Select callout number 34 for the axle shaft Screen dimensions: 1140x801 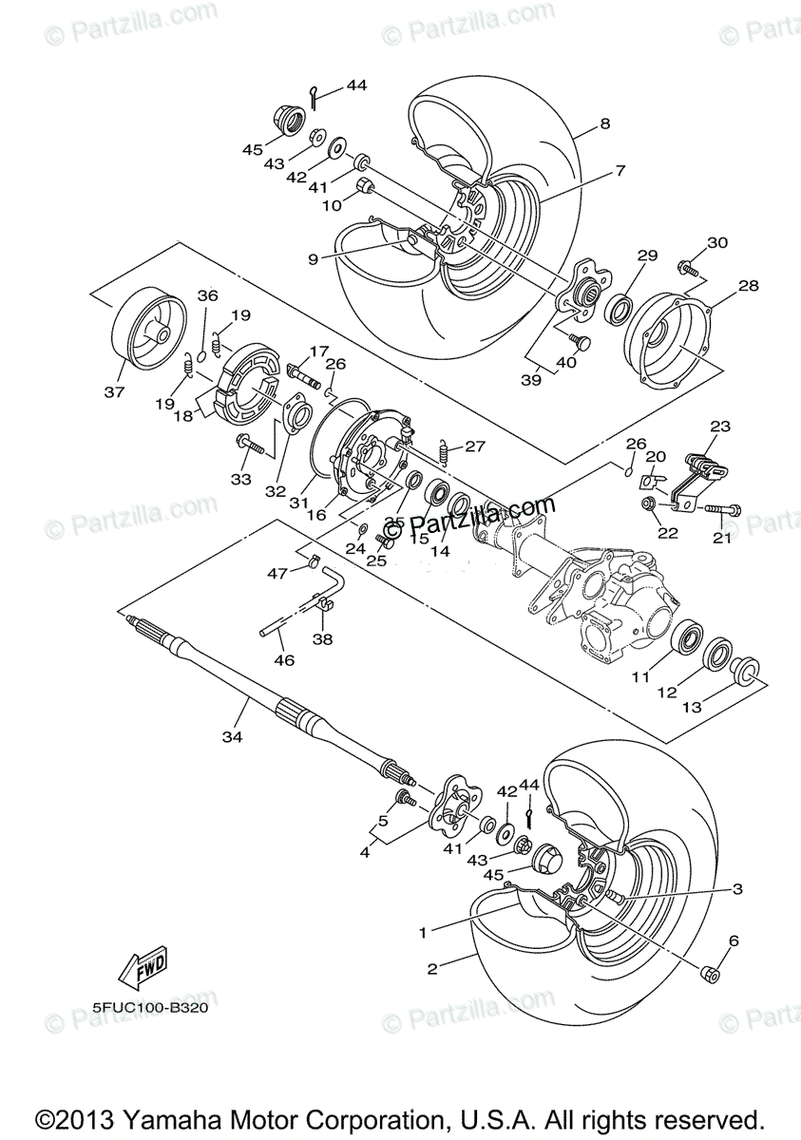[231, 736]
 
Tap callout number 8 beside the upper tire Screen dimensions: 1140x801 [604, 123]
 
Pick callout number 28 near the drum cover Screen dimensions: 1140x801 [748, 285]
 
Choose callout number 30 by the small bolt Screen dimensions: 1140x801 [716, 242]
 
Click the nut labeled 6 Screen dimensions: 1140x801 [709, 974]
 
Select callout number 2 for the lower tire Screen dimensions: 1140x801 [432, 970]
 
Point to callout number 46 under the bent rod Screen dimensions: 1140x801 [283, 660]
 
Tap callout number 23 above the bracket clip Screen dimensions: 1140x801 [719, 427]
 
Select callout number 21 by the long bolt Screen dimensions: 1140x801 [724, 539]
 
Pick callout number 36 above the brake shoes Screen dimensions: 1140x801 [207, 296]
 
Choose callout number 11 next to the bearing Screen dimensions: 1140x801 [641, 678]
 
